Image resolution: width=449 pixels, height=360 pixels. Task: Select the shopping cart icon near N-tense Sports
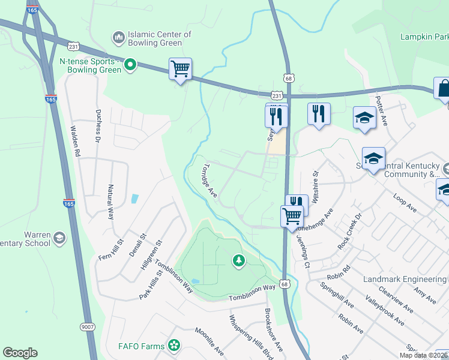[180, 68]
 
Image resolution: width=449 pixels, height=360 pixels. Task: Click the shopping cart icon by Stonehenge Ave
[292, 215]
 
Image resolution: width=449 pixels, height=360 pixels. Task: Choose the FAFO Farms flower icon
[174, 345]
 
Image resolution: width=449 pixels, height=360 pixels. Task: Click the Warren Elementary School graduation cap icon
[59, 239]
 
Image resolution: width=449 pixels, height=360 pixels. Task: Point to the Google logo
[20, 353]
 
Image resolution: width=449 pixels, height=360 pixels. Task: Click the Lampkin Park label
[424, 37]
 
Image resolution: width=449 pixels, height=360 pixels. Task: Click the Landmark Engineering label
[405, 280]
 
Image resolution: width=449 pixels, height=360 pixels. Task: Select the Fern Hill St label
[110, 250]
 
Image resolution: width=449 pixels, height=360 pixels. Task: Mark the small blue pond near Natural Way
[134, 199]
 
